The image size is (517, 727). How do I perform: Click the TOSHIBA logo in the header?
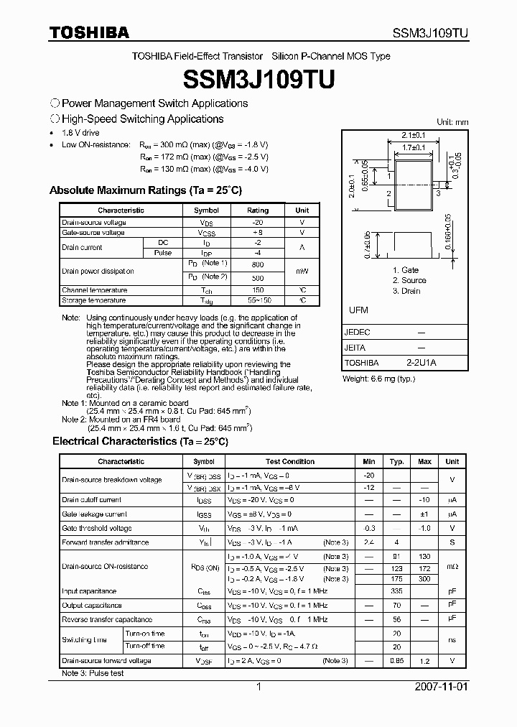pyautogui.click(x=89, y=32)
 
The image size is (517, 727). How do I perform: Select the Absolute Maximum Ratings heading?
pyautogui.click(x=145, y=190)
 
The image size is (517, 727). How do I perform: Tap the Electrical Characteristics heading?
pyautogui.click(x=140, y=441)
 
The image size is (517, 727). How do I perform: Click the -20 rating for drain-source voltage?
pyautogui.click(x=258, y=223)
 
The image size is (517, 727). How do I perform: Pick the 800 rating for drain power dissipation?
pyautogui.click(x=258, y=265)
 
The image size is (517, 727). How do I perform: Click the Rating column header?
pyautogui.click(x=258, y=210)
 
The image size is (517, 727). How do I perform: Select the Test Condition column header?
pyautogui.click(x=289, y=461)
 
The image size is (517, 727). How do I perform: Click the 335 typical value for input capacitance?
pyautogui.click(x=396, y=591)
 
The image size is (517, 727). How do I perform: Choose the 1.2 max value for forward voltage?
pyautogui.click(x=424, y=660)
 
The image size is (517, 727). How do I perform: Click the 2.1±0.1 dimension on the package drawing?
pyautogui.click(x=413, y=134)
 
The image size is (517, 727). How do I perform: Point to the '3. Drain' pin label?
pyautogui.click(x=406, y=291)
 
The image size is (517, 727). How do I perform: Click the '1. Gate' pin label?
pyautogui.click(x=405, y=270)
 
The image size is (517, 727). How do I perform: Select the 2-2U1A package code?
pyautogui.click(x=421, y=363)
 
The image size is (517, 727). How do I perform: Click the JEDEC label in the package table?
pyautogui.click(x=357, y=333)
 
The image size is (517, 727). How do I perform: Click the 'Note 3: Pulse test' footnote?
pyautogui.click(x=93, y=673)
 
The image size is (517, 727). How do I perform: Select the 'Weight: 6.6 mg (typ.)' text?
pyautogui.click(x=379, y=379)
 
